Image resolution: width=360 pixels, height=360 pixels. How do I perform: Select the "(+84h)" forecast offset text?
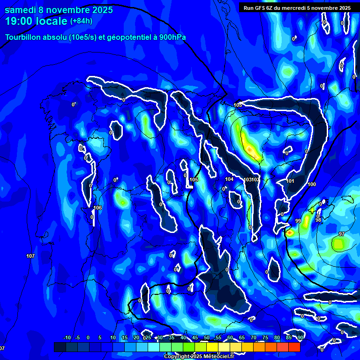pos(81,21)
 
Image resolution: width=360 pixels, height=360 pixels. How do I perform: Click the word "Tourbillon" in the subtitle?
pos(24,37)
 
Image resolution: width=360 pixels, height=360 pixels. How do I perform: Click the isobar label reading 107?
pos(30,256)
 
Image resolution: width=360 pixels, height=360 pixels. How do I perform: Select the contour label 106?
pos(97,208)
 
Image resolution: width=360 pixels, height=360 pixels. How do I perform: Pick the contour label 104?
pos(229,179)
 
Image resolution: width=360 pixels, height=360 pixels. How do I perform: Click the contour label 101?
pos(290,181)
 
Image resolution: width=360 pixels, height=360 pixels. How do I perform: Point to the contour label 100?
pos(312,184)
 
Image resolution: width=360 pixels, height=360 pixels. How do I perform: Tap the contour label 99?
pos(298,220)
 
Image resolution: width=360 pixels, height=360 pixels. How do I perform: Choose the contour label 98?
pos(318,220)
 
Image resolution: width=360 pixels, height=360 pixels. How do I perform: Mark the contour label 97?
pos(341,234)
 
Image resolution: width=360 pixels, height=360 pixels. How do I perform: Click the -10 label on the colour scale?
pos(67,337)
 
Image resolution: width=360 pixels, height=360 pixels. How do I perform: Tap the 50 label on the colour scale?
pos(207,337)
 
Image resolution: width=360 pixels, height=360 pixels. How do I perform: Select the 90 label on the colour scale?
pos(300,337)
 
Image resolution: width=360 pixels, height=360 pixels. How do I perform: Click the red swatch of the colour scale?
pos(294,347)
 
